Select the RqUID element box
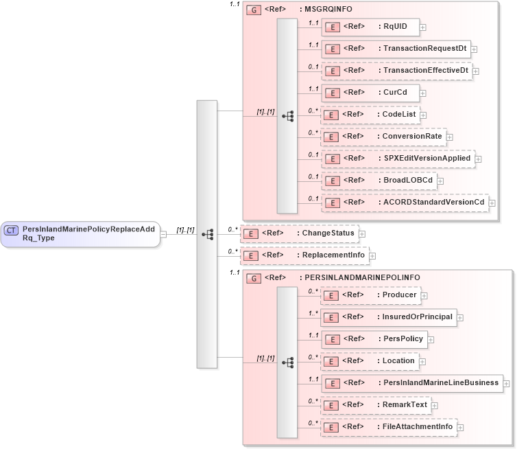pos(370,27)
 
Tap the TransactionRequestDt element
pos(396,49)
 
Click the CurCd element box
pos(370,93)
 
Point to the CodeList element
pos(370,115)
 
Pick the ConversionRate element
pos(383,137)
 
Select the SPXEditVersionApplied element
pos(398,159)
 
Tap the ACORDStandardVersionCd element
pos(405,203)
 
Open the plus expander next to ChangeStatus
pos(362,234)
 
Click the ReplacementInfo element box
pos(299,256)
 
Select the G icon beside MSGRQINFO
pos(254,10)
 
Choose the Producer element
pos(370,295)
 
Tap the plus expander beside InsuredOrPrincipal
pos(460,317)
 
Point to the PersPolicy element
pos(374,339)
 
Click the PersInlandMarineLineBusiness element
pos(412,383)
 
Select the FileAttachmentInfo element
pos(389,427)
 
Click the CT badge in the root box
pos(12,231)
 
